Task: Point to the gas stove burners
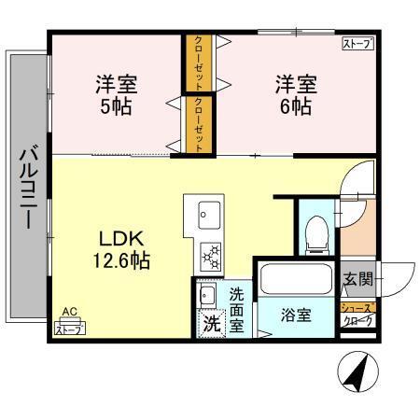click(x=209, y=253)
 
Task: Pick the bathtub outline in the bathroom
click(x=294, y=279)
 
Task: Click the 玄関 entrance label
click(x=357, y=277)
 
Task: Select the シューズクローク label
click(x=357, y=314)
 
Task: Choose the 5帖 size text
click(x=116, y=105)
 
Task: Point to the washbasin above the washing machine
click(x=208, y=297)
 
